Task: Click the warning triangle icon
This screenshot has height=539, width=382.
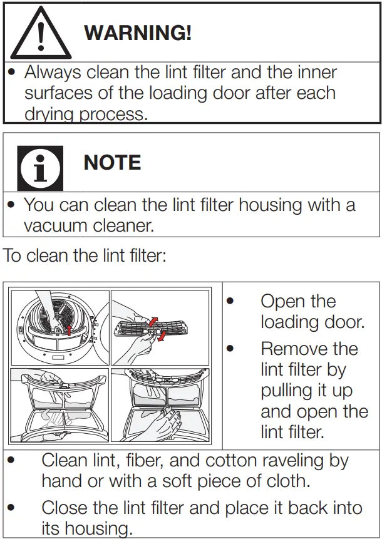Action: point(41,33)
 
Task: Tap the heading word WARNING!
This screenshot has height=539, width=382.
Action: point(137,33)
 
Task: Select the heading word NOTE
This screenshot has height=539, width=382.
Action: point(112,163)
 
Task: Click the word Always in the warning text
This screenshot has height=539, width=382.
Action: point(53,72)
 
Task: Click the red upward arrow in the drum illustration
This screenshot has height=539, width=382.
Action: point(69,330)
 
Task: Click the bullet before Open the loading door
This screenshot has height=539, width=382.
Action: point(230,302)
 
